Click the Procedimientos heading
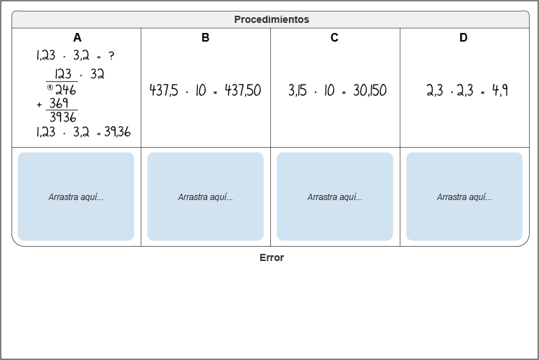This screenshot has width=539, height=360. point(272,19)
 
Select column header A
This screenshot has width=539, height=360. point(77,37)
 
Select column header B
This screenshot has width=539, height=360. point(205,37)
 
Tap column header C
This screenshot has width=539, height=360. point(334,37)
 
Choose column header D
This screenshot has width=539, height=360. point(463,37)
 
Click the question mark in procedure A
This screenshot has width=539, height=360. point(111,56)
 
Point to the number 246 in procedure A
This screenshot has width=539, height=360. point(65,90)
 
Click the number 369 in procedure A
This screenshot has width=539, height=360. point(59,103)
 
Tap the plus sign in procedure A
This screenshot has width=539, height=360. point(39,105)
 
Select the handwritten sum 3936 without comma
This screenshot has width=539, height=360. point(63,117)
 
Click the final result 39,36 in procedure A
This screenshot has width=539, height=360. point(118,132)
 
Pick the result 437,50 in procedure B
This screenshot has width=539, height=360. point(243,90)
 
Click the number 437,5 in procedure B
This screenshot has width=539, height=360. point(163,90)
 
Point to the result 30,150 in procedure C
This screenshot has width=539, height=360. point(370,90)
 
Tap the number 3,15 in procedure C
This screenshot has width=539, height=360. point(297,90)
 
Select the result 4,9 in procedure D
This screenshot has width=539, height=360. point(500,90)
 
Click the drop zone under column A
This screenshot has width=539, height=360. point(76,196)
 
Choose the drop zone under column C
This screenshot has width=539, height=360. point(335,196)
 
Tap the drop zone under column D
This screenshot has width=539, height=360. point(464,196)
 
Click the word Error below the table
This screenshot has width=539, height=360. point(272,258)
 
